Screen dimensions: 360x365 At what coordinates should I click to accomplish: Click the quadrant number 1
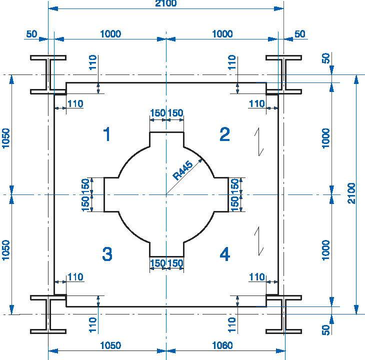coord(106,134)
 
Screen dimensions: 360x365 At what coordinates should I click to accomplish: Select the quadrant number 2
coord(225,134)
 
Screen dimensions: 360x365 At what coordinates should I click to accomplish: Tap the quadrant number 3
coord(107,254)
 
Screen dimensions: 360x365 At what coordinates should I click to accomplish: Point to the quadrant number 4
coord(225,254)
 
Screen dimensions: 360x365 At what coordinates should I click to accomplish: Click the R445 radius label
coord(183,169)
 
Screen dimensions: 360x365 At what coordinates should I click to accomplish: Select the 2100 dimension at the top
coord(165,3)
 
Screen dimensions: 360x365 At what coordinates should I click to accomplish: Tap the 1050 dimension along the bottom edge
coord(110,345)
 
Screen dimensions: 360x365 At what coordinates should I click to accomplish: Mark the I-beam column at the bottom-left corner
coord(48,314)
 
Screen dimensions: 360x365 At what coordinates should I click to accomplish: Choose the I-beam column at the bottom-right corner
coord(283,314)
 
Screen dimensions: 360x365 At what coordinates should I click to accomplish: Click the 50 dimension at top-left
coord(31,34)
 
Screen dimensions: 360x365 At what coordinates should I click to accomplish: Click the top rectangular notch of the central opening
coord(166,140)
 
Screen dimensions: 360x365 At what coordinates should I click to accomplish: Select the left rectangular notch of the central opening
coord(111,194)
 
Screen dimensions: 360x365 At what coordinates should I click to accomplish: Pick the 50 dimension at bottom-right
coord(326,330)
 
